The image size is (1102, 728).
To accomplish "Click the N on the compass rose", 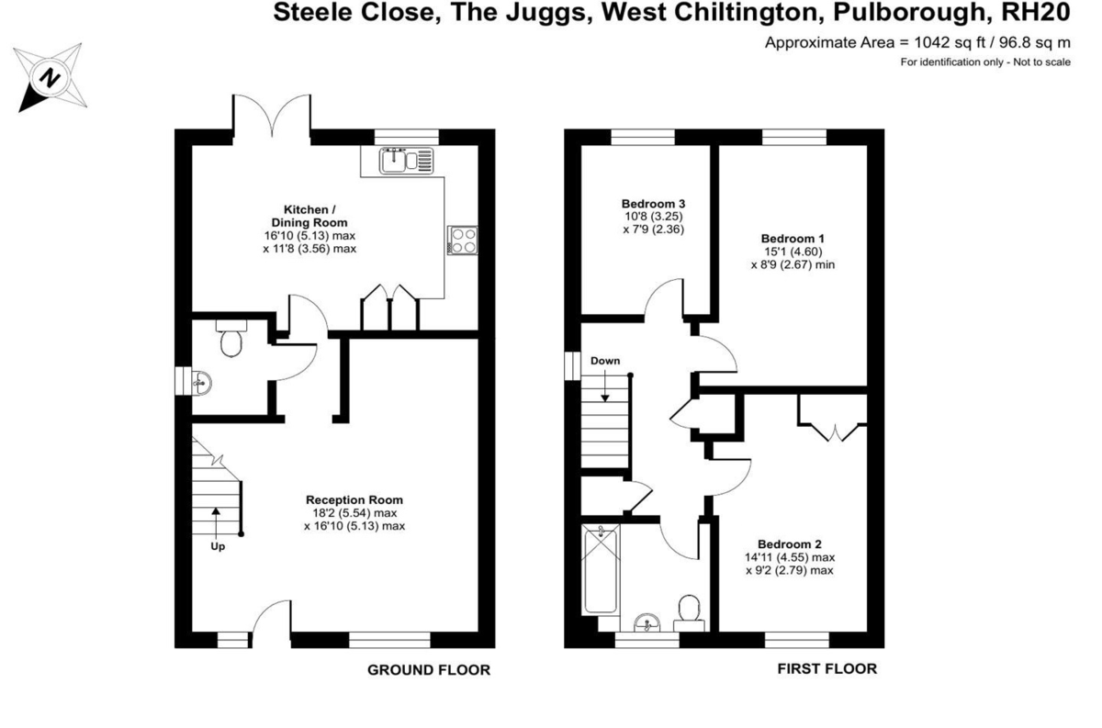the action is click(50, 78).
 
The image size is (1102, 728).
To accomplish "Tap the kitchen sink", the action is click(406, 161).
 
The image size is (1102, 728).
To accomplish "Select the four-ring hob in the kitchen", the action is click(463, 240).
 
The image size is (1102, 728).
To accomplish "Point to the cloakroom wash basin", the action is click(201, 382).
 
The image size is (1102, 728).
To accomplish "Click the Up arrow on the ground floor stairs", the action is click(216, 522).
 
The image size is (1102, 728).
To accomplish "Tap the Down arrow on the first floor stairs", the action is click(605, 386).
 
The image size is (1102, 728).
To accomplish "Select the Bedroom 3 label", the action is click(653, 204).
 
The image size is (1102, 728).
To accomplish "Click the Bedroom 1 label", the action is click(793, 239).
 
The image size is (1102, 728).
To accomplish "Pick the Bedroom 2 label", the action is click(790, 544).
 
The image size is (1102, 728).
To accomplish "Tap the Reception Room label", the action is click(354, 499).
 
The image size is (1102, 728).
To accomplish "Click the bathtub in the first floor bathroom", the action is click(601, 570).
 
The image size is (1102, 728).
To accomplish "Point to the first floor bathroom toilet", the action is click(689, 613).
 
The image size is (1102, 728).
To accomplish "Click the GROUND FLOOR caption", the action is click(429, 670).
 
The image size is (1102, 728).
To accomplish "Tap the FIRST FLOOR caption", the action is click(827, 669).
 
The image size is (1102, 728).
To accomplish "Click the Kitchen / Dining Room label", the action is click(309, 216).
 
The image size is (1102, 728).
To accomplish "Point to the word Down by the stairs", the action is click(605, 361).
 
